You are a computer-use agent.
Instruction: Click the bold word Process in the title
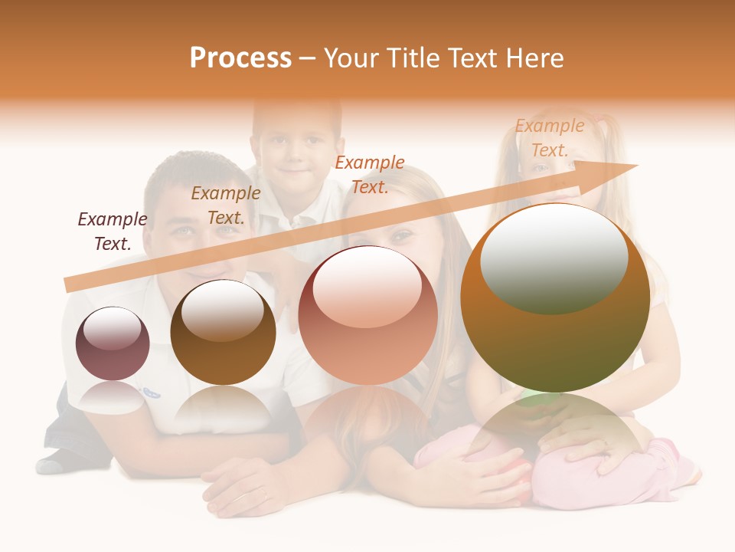[240, 58]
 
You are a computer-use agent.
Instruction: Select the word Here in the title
[535, 58]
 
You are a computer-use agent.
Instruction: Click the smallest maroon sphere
[113, 343]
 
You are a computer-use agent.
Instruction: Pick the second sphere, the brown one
[223, 332]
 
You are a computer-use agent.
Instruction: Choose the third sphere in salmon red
[367, 315]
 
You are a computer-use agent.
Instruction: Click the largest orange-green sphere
[555, 298]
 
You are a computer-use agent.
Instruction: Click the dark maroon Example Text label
[113, 231]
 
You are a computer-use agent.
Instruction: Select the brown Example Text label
[226, 205]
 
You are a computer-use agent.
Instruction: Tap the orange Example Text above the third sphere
[370, 174]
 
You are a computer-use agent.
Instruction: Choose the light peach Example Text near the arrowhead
[550, 138]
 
